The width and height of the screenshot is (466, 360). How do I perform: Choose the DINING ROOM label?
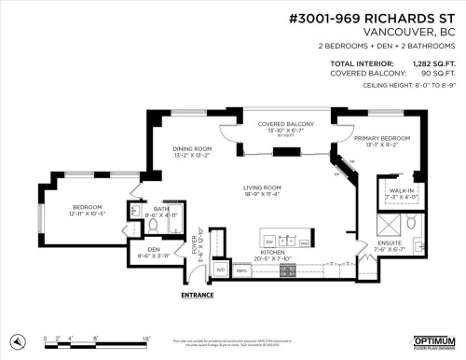tap(192, 148)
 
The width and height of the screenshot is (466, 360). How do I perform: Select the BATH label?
tap(161, 208)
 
